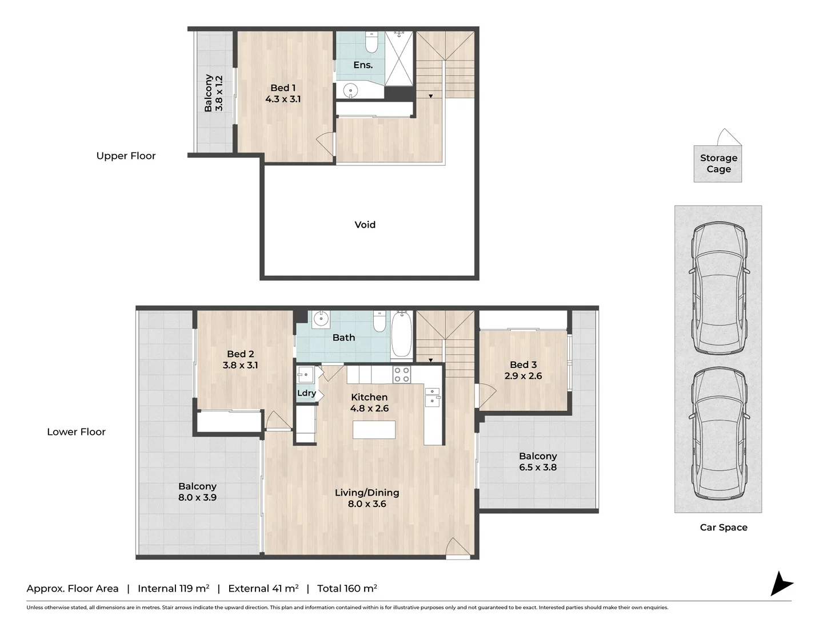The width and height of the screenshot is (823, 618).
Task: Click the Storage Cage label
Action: click(718, 163)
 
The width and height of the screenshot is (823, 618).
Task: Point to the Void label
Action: click(365, 225)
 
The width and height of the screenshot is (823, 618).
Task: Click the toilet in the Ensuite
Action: click(371, 42)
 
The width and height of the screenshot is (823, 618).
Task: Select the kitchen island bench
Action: click(374, 430)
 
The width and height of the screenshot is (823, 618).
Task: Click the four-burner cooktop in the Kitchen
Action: click(402, 375)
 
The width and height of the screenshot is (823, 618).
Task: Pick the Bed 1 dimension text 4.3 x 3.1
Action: click(283, 99)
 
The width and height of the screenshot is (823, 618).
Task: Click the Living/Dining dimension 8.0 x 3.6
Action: click(367, 504)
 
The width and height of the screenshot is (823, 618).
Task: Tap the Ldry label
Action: click(306, 393)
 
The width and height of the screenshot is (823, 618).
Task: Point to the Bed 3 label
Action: click(523, 365)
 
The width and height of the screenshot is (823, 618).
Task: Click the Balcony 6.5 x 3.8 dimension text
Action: click(538, 468)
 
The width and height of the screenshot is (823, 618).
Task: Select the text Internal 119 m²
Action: click(173, 588)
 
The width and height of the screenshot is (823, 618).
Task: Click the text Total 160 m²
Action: click(347, 588)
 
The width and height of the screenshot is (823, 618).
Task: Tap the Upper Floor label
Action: click(126, 156)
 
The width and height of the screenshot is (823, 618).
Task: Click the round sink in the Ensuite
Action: click(350, 90)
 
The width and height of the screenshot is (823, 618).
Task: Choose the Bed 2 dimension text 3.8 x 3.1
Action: click(240, 365)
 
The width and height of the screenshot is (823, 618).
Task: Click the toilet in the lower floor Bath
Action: click(379, 322)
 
